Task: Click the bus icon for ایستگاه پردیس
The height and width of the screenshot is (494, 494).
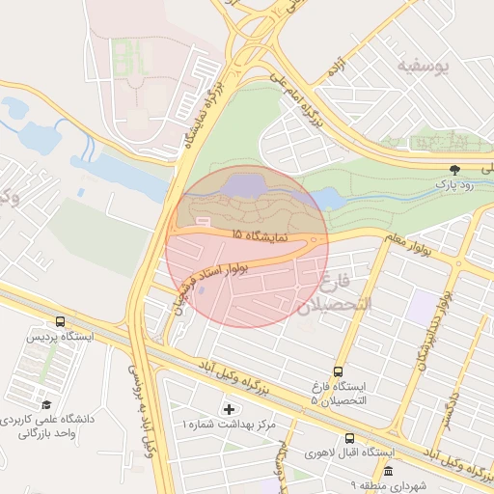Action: point(61,322)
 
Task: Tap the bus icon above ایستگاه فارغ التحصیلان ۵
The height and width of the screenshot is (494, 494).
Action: point(338,370)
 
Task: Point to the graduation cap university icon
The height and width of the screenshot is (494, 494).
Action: point(45,405)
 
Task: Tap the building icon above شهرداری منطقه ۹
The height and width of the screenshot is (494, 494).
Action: point(388,470)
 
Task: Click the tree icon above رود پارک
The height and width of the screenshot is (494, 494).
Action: point(454,169)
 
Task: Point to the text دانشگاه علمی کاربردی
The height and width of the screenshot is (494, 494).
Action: point(49,421)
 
